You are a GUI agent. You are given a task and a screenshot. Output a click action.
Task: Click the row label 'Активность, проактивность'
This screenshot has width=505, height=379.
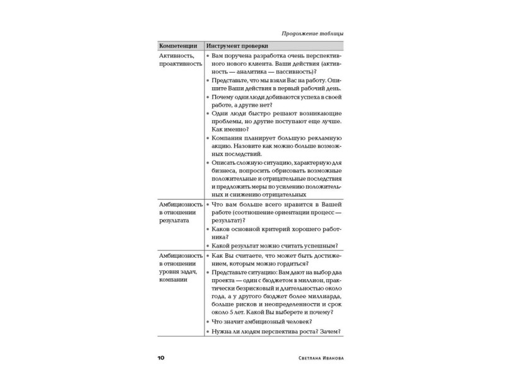[x=181, y=60]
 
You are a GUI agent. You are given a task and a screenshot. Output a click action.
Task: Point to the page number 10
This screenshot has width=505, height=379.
[x=161, y=358]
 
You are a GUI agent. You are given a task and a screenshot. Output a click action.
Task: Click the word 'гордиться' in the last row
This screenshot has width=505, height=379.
[x=290, y=263]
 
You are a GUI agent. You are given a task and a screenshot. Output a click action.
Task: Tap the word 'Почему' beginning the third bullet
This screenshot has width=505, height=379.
[x=225, y=99]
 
